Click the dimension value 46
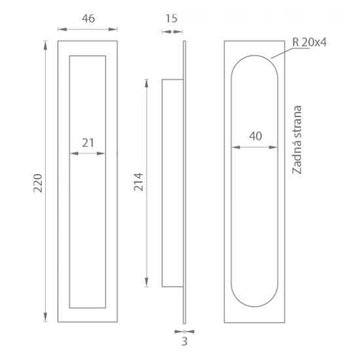88,18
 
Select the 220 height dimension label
38,183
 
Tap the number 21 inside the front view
88,143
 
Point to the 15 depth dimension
171,18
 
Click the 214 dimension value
139,182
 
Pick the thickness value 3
185,342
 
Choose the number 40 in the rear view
255,136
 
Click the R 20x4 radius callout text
309,43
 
